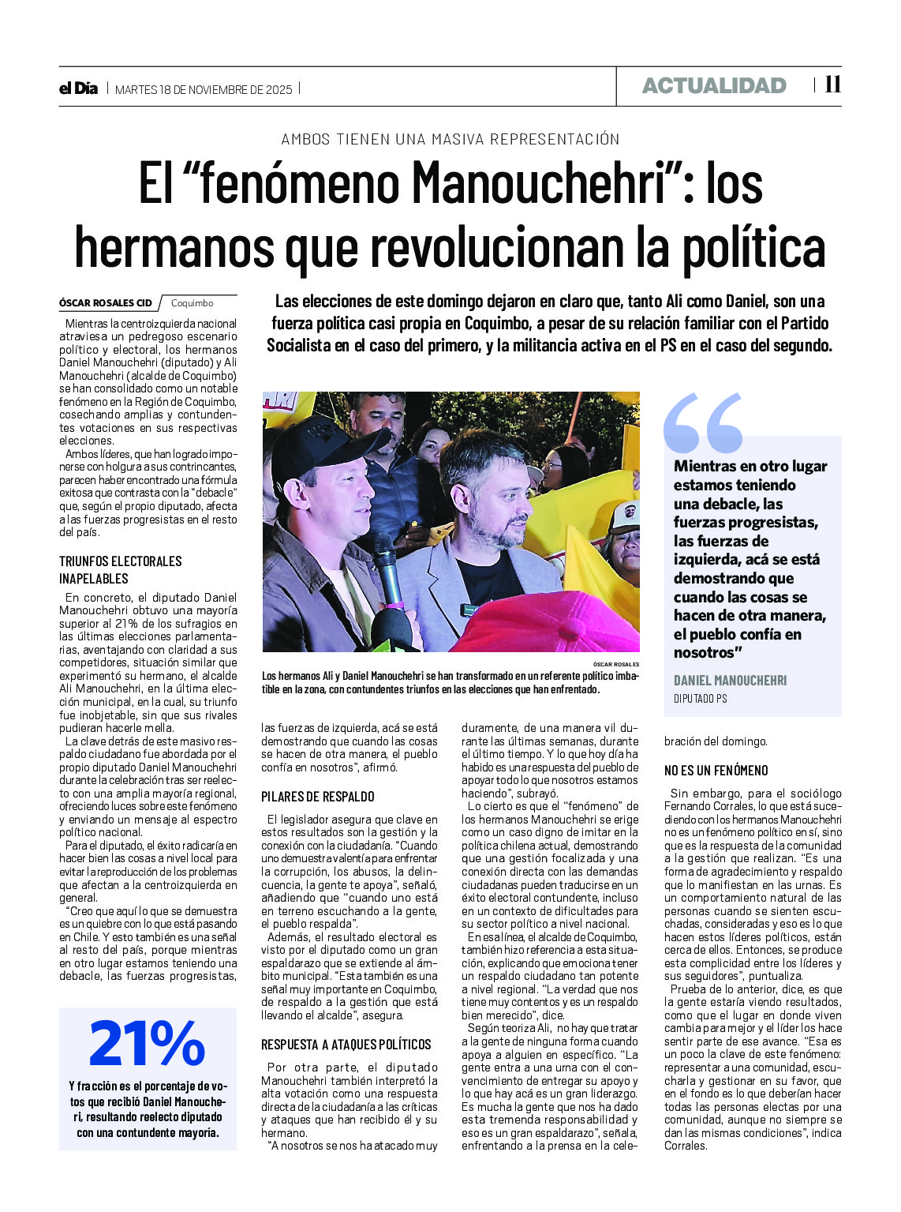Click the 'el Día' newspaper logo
(78, 88)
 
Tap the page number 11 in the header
(832, 84)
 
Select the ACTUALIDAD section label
(714, 86)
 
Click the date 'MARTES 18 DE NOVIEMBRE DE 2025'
(204, 89)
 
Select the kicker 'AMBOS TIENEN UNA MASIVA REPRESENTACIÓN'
(450, 139)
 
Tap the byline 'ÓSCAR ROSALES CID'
(106, 303)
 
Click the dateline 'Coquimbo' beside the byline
(192, 303)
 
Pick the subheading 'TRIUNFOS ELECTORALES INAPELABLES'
(121, 569)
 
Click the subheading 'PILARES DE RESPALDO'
(318, 797)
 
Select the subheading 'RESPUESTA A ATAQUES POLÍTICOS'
(346, 1044)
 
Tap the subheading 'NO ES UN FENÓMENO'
(716, 770)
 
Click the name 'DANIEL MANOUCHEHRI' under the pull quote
(730, 681)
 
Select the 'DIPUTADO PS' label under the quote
(700, 699)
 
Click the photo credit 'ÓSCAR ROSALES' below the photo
(616, 665)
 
